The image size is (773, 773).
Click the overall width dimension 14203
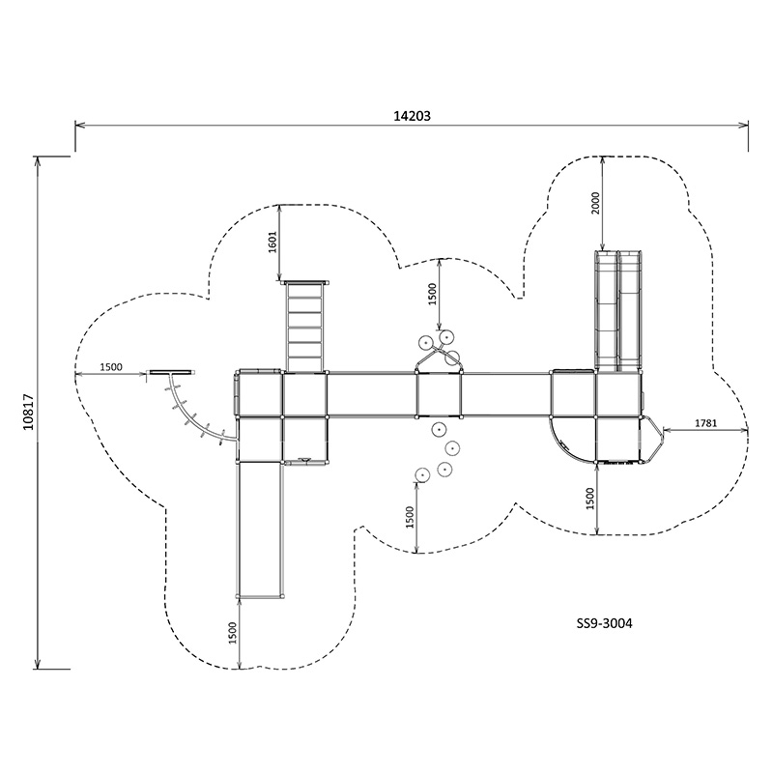[412, 115]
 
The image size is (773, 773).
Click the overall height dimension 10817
[28, 412]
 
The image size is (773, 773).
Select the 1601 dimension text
[272, 243]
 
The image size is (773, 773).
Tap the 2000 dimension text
[595, 203]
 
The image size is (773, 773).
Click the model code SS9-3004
[604, 623]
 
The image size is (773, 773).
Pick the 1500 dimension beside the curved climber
[110, 366]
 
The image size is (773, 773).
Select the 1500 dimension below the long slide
[233, 634]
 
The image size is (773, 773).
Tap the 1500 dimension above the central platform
[433, 291]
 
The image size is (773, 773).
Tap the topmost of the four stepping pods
[439, 428]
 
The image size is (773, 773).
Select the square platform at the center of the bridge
[439, 394]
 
